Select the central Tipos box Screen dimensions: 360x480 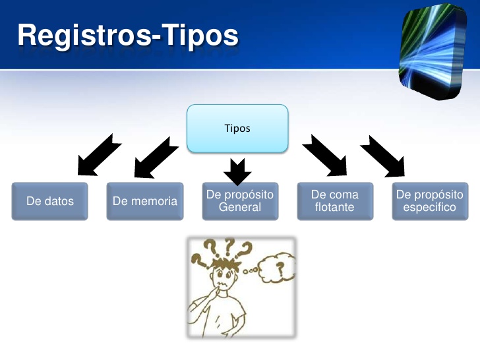[x=237, y=128]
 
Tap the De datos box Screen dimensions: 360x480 [x=49, y=201]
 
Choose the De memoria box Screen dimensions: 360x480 [x=144, y=201]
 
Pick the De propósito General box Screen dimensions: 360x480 [x=239, y=201]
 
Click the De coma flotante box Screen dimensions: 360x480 [x=334, y=201]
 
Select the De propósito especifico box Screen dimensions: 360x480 [x=429, y=201]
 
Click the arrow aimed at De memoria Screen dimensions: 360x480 [x=154, y=156]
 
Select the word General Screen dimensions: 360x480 [x=239, y=207]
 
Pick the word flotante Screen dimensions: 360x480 [x=334, y=207]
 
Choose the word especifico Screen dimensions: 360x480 [x=429, y=207]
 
